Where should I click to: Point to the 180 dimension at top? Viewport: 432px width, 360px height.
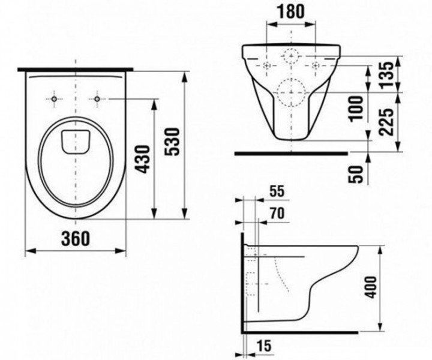tap(290, 11)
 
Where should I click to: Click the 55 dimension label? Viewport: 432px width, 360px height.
tap(277, 192)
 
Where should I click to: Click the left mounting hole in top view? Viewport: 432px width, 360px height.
tap(55, 98)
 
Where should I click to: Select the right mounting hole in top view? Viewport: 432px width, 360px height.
tap(96, 98)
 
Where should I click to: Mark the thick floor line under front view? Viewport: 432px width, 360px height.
tap(291, 153)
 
